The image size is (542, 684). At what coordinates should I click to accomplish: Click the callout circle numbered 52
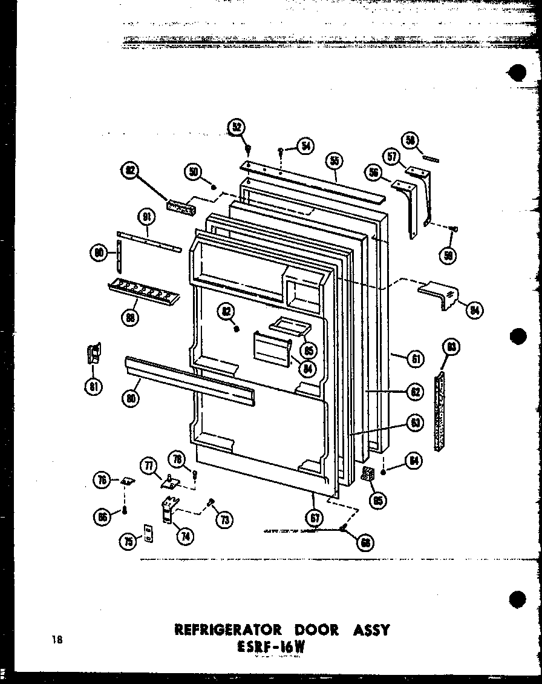pos(236,127)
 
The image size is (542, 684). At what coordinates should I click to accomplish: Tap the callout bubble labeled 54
pos(306,146)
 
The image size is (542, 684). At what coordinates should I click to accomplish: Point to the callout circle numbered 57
pos(393,157)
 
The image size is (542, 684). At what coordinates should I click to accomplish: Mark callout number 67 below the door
pos(315,518)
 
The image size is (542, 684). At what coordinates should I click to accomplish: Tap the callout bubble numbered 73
pos(226,518)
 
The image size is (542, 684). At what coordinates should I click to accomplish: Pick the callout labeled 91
pos(147,216)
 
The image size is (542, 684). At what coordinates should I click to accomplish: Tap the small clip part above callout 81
pos(94,353)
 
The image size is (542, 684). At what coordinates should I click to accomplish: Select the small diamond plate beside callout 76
pos(126,480)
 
